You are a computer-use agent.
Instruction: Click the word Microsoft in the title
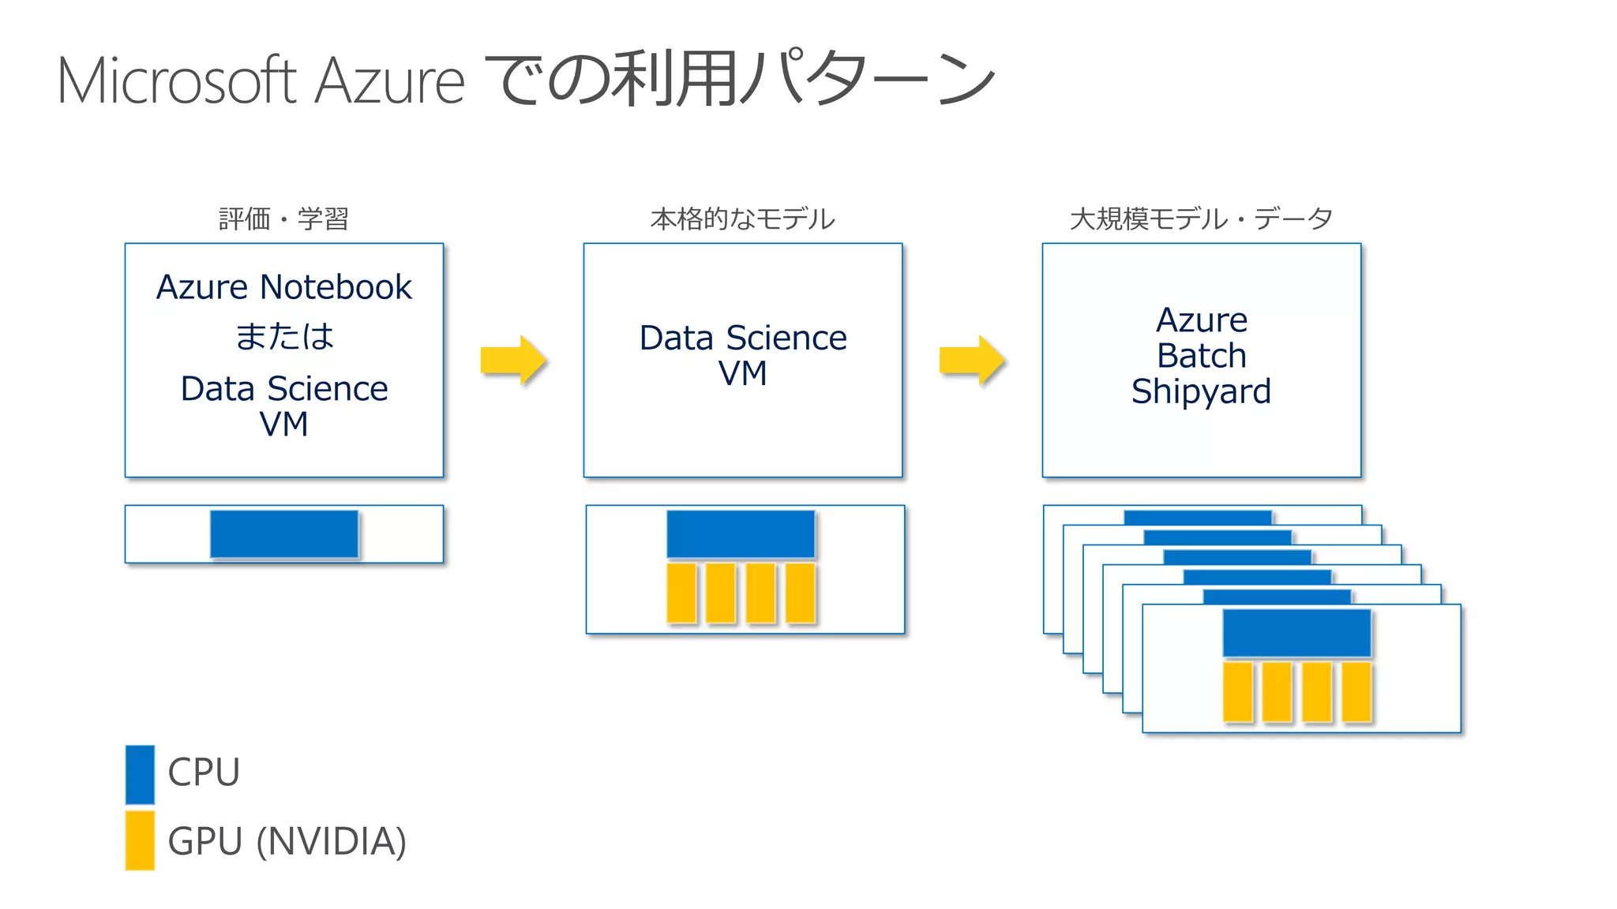(177, 80)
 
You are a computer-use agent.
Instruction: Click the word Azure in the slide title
(390, 80)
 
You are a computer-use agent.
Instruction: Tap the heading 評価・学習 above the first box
(283, 219)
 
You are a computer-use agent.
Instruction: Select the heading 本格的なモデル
(742, 219)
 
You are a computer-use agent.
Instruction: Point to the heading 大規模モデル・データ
(1201, 219)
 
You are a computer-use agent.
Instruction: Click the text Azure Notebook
(284, 287)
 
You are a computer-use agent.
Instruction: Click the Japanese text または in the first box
(284, 337)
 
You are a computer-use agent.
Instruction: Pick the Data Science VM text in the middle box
(742, 354)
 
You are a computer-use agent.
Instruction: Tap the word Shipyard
(1201, 391)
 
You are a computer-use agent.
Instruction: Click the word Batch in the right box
(1201, 356)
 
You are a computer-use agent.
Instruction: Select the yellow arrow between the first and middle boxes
(513, 361)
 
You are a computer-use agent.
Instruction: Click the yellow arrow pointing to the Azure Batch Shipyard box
(972, 361)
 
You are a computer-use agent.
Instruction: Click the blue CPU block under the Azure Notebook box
(284, 534)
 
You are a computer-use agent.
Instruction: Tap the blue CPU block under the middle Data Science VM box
(741, 534)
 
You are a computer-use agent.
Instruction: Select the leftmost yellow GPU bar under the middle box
(681, 593)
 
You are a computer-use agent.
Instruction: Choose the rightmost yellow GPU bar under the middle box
(801, 593)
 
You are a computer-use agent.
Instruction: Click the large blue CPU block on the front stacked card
(1296, 633)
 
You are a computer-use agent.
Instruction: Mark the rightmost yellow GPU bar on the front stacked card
(1356, 692)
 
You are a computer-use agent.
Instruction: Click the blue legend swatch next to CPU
(140, 774)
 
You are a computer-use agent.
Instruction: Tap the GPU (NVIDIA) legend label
(287, 841)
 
